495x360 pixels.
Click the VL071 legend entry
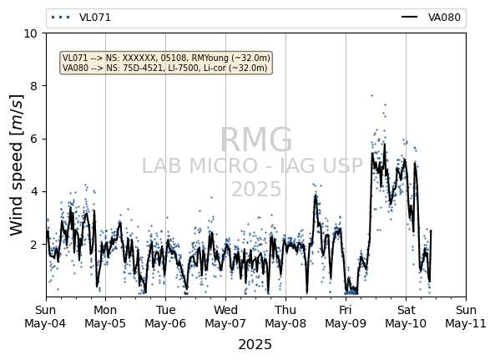[81, 18]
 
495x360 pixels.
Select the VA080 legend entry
[432, 18]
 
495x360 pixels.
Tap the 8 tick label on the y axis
[33, 86]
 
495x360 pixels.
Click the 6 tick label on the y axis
[33, 139]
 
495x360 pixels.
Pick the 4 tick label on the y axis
[33, 191]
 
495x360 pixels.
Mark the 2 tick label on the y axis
[33, 245]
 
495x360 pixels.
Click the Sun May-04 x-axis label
[45, 317]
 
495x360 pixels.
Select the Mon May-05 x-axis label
[105, 317]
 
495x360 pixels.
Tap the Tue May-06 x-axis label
[165, 317]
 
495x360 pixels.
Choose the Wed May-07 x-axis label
[225, 317]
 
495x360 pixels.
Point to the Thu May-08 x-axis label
[285, 317]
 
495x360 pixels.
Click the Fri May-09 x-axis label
[346, 317]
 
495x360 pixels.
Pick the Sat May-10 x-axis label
[406, 317]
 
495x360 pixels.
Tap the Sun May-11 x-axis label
[466, 317]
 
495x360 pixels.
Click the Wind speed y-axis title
[17, 165]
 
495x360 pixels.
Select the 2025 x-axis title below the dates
[255, 344]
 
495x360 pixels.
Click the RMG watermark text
[256, 139]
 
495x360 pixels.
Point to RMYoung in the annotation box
[210, 58]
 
